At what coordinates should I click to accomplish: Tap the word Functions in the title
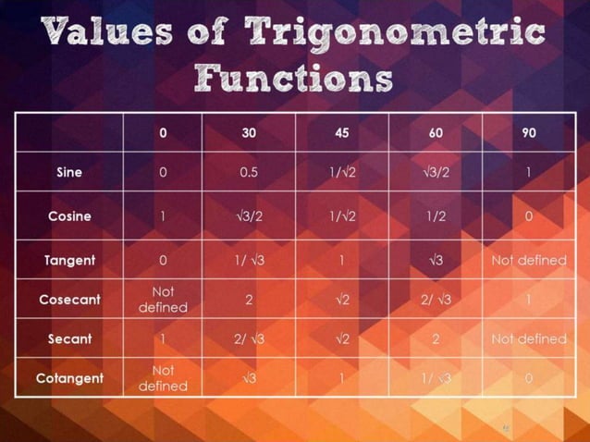pyautogui.click(x=295, y=78)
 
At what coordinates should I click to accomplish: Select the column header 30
pyautogui.click(x=249, y=132)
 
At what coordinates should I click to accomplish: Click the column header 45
pyautogui.click(x=342, y=132)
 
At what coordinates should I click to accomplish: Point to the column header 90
pyautogui.click(x=528, y=132)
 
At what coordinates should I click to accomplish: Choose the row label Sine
pyautogui.click(x=69, y=172)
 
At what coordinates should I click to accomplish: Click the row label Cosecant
pyautogui.click(x=69, y=300)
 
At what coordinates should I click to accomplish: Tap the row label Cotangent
pyautogui.click(x=69, y=377)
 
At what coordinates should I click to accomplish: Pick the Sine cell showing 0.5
pyautogui.click(x=249, y=172)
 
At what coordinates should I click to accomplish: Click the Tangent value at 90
pyautogui.click(x=528, y=260)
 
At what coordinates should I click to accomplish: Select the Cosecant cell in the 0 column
pyautogui.click(x=163, y=300)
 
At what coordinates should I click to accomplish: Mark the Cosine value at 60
pyautogui.click(x=436, y=216)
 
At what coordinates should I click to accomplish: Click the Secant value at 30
pyautogui.click(x=249, y=338)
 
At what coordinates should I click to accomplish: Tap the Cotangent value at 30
pyautogui.click(x=249, y=377)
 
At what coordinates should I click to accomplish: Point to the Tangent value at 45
pyautogui.click(x=342, y=260)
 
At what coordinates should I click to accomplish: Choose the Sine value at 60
pyautogui.click(x=436, y=172)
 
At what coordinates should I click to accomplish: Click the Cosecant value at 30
pyautogui.click(x=249, y=300)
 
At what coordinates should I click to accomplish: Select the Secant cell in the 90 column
pyautogui.click(x=528, y=338)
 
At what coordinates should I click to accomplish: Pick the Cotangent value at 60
pyautogui.click(x=436, y=377)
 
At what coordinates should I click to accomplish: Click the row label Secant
pyautogui.click(x=69, y=338)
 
